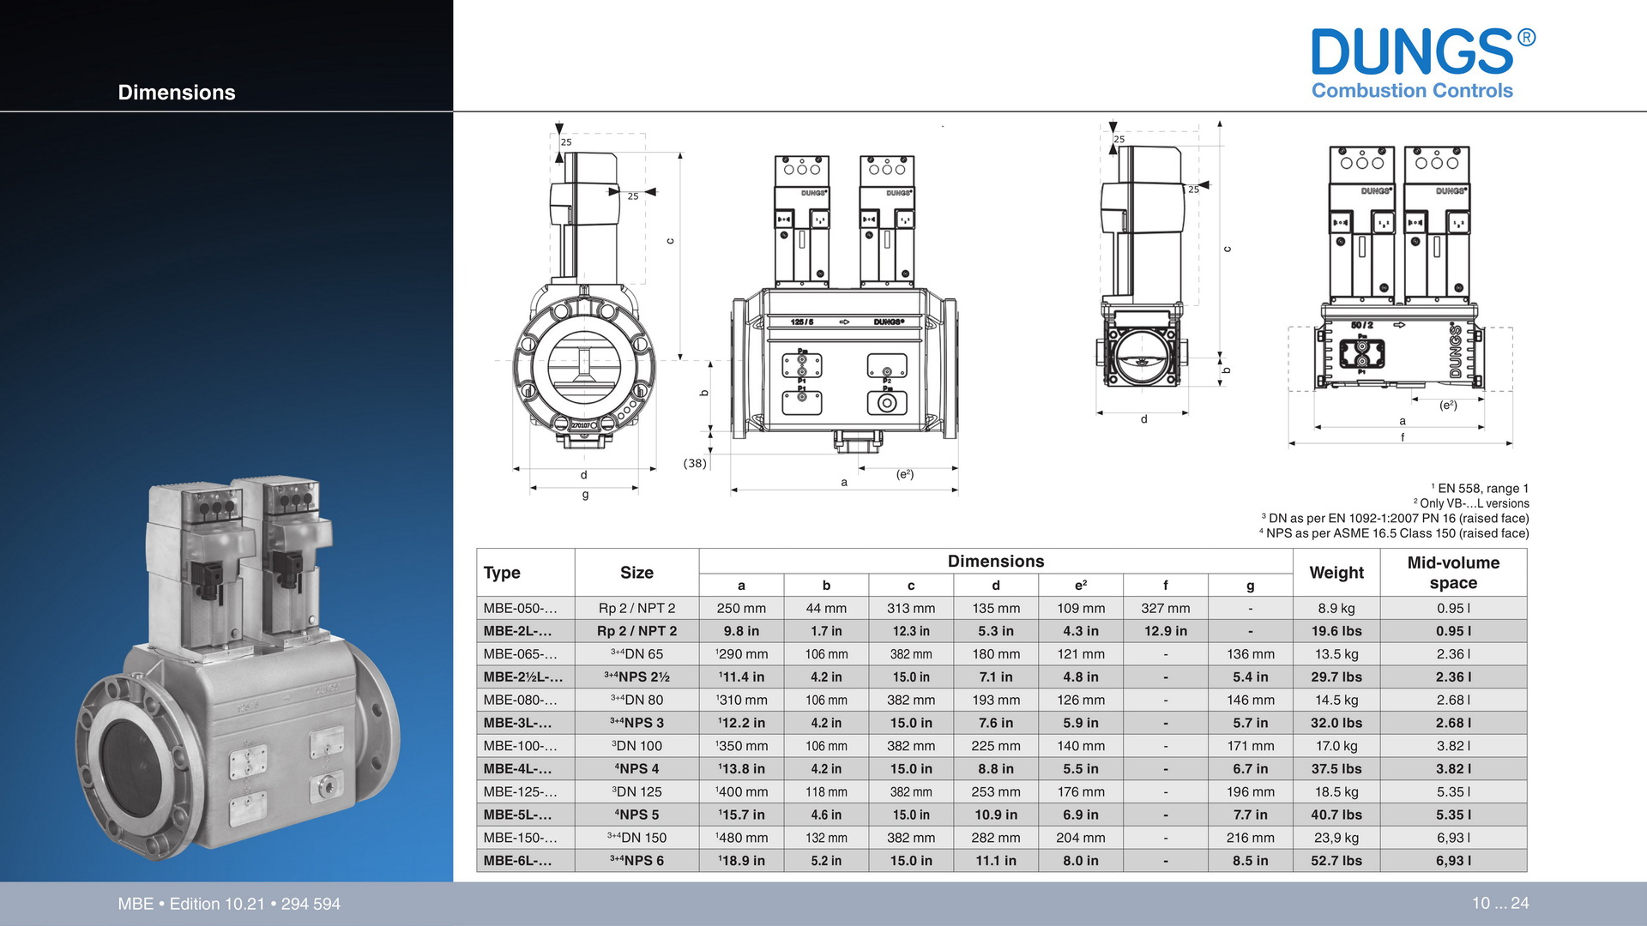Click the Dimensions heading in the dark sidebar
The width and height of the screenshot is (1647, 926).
click(x=177, y=93)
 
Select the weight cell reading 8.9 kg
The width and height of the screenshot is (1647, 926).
click(x=1336, y=608)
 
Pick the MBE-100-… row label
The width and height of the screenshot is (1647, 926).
click(x=520, y=746)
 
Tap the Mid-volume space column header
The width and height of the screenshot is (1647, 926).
click(x=1453, y=573)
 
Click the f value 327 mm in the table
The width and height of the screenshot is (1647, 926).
click(x=1166, y=608)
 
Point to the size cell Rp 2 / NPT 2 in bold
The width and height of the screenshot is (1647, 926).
click(x=636, y=631)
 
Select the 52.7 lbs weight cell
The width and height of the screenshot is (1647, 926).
click(x=1336, y=861)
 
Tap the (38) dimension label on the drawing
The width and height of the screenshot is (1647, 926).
click(x=695, y=463)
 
